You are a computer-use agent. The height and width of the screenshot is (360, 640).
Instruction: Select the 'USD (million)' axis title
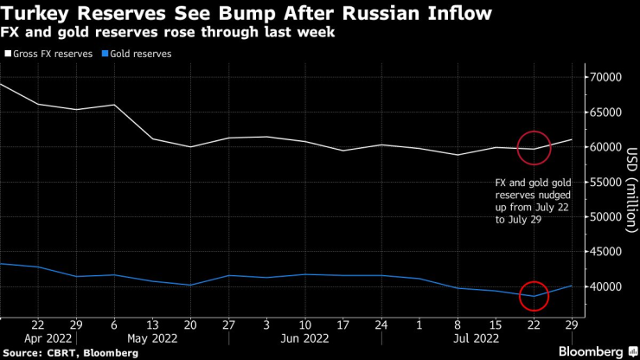click(x=632, y=181)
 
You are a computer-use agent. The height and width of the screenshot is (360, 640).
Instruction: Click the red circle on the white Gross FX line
click(x=534, y=147)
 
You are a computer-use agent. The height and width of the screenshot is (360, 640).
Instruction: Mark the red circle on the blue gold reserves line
click(x=534, y=296)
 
